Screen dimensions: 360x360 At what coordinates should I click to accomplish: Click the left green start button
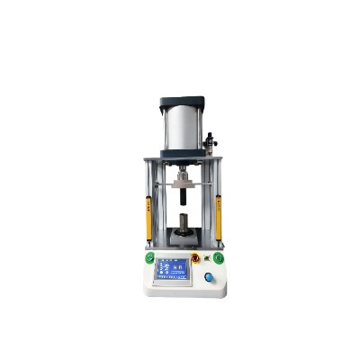(x=149, y=258)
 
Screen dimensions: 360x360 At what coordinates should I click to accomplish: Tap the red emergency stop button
(x=196, y=257)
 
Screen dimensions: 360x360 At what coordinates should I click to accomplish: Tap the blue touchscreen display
(x=172, y=269)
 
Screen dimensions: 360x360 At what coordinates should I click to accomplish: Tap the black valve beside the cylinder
(x=210, y=141)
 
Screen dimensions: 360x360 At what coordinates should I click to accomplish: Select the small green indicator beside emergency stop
(x=207, y=258)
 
